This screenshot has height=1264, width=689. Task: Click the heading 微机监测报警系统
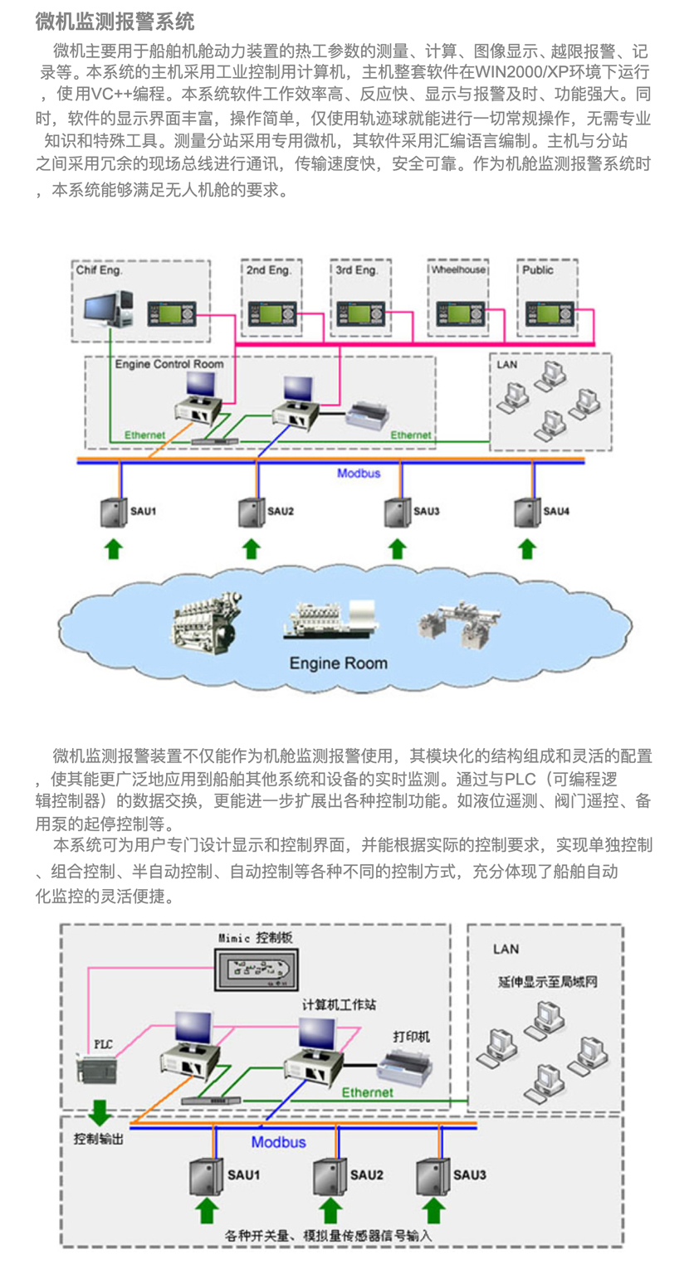115,20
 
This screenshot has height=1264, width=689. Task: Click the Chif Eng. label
99,270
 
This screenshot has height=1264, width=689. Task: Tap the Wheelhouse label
458,270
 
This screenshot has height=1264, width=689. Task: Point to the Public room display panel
545,316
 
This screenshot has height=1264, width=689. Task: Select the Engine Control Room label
169,364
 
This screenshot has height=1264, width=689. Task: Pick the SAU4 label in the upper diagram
556,511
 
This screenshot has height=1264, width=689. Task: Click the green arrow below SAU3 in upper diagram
398,548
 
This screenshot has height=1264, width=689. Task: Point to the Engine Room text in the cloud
338,663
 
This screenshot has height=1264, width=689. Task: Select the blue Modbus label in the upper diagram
359,473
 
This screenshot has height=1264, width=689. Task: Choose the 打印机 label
412,1037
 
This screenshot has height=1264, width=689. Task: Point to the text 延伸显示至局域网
547,982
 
